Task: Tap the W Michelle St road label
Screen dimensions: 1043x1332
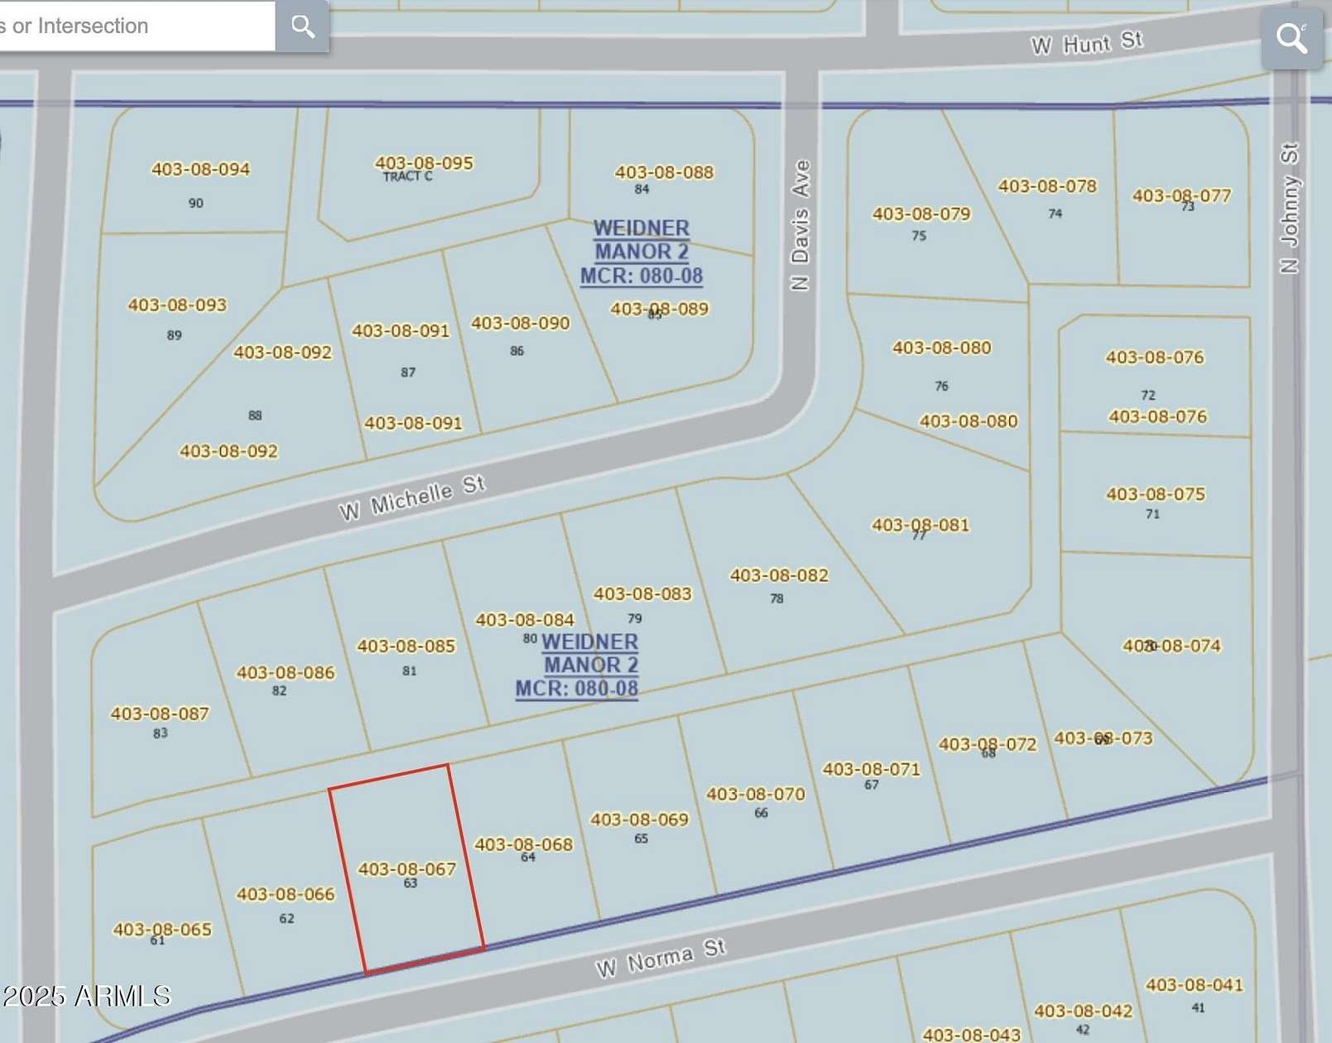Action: pos(412,498)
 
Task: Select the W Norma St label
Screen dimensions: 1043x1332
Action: pos(661,958)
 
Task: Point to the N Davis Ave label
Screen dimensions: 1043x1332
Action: pos(800,225)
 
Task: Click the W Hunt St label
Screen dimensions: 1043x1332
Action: pos(1086,43)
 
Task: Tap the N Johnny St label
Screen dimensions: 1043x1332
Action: pos(1289,209)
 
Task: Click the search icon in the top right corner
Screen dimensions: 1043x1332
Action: pos(1291,37)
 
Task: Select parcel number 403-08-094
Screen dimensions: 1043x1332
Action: pos(200,169)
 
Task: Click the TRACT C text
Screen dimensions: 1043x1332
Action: pos(407,176)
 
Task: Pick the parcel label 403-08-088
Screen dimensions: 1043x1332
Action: pos(664,172)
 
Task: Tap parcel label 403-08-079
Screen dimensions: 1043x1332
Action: pos(921,214)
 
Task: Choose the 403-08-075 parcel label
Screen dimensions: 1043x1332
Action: pos(1156,494)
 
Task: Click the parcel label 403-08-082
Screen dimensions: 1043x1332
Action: pos(779,575)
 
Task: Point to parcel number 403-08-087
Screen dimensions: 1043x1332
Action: pos(160,714)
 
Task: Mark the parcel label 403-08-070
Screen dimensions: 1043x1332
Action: pos(755,795)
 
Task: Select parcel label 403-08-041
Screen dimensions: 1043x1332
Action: pos(1194,985)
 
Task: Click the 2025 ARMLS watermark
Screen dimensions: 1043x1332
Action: pos(86,995)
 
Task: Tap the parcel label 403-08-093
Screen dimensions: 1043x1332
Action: pos(177,305)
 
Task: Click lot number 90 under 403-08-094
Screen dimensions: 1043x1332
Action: pos(195,203)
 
